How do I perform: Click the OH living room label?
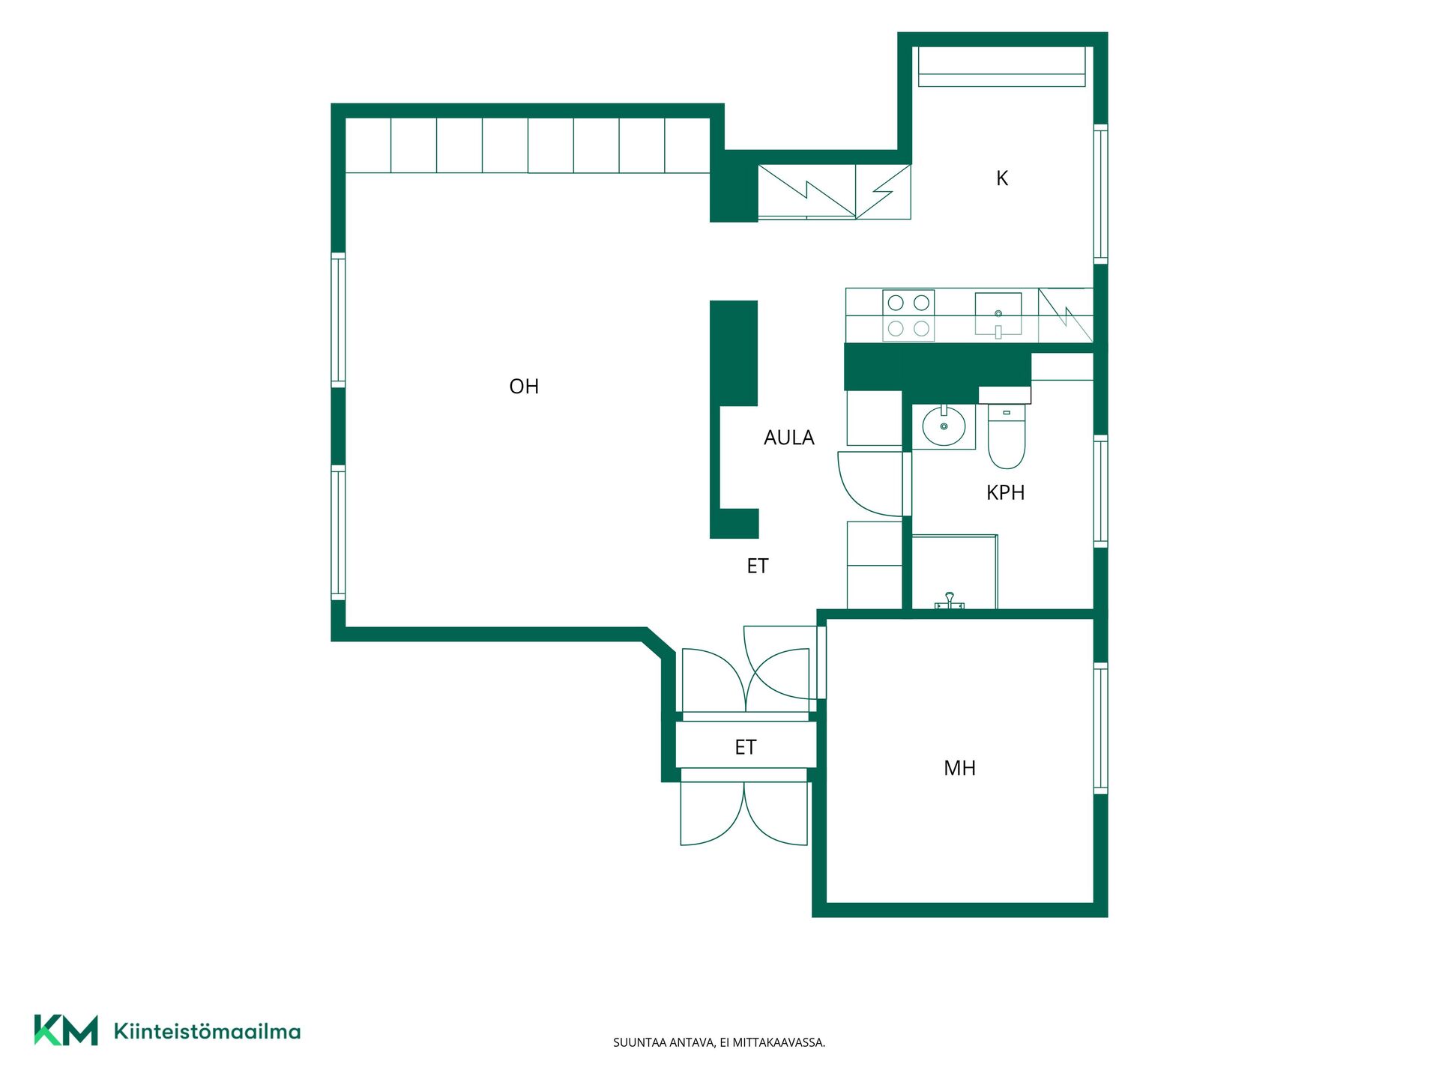click(x=524, y=387)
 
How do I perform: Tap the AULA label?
click(x=788, y=438)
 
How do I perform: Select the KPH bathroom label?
click(x=1005, y=492)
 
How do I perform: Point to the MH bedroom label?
click(x=959, y=768)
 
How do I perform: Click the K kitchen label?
click(x=1002, y=178)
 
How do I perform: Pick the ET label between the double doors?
click(x=745, y=747)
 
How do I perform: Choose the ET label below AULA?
click(x=758, y=566)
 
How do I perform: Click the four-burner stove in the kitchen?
click(x=908, y=315)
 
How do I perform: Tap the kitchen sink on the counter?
click(x=998, y=315)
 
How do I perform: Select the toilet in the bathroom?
click(x=1006, y=435)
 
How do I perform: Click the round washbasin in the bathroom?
click(x=944, y=426)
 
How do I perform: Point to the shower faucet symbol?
click(x=950, y=600)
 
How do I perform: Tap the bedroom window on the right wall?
click(x=1101, y=728)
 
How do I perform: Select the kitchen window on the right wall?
click(x=1101, y=194)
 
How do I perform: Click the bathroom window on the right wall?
click(x=1101, y=492)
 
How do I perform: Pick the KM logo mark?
click(x=66, y=1030)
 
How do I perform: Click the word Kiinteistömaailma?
click(x=207, y=1031)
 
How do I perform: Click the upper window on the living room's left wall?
click(x=338, y=320)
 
